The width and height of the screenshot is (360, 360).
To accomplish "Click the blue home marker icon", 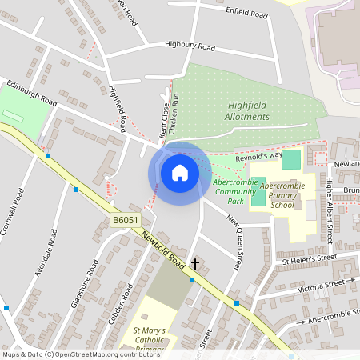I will pos(179,172).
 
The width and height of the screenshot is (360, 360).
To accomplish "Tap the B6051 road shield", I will pos(125,218).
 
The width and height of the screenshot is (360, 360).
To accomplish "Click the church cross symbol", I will pos(194,262).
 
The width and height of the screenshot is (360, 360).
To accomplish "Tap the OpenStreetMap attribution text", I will pos(70,354).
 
